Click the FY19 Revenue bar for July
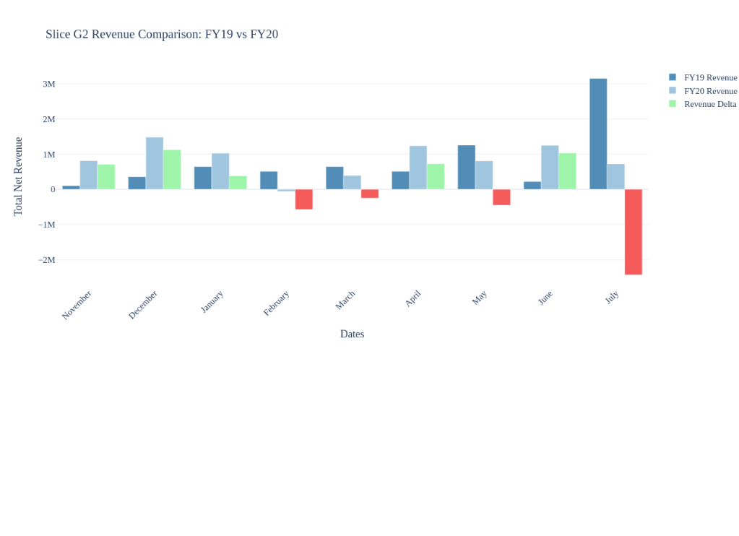pyautogui.click(x=598, y=134)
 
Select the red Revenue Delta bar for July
pyautogui.click(x=633, y=232)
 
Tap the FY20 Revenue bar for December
pyautogui.click(x=155, y=163)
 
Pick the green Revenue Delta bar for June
pyautogui.click(x=567, y=171)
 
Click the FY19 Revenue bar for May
pyautogui.click(x=467, y=168)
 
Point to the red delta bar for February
pyautogui.click(x=303, y=199)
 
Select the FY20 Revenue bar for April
pyautogui.click(x=418, y=168)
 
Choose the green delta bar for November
pyautogui.click(x=106, y=177)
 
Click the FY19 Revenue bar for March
pyautogui.click(x=334, y=178)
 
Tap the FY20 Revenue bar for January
pyautogui.click(x=220, y=171)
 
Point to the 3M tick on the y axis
pyautogui.click(x=48, y=84)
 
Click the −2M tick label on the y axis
pyautogui.click(x=46, y=260)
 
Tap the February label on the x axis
pyautogui.click(x=277, y=303)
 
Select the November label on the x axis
pyautogui.click(x=77, y=304)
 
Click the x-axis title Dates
pyautogui.click(x=352, y=334)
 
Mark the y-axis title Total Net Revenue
pyautogui.click(x=18, y=176)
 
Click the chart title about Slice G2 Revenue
pyautogui.click(x=162, y=34)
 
